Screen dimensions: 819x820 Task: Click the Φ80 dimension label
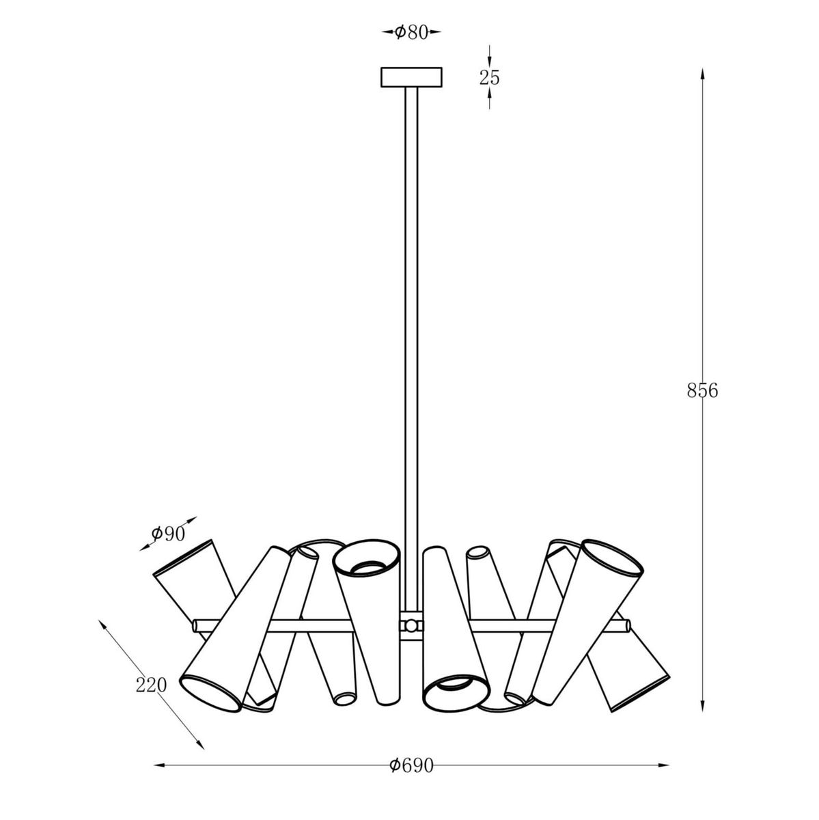click(x=411, y=33)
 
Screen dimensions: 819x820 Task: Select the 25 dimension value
click(x=489, y=77)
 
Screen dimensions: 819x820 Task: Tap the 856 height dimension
click(x=702, y=390)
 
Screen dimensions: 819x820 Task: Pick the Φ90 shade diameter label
click(x=169, y=534)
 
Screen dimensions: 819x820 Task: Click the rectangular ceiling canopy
click(x=411, y=77)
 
